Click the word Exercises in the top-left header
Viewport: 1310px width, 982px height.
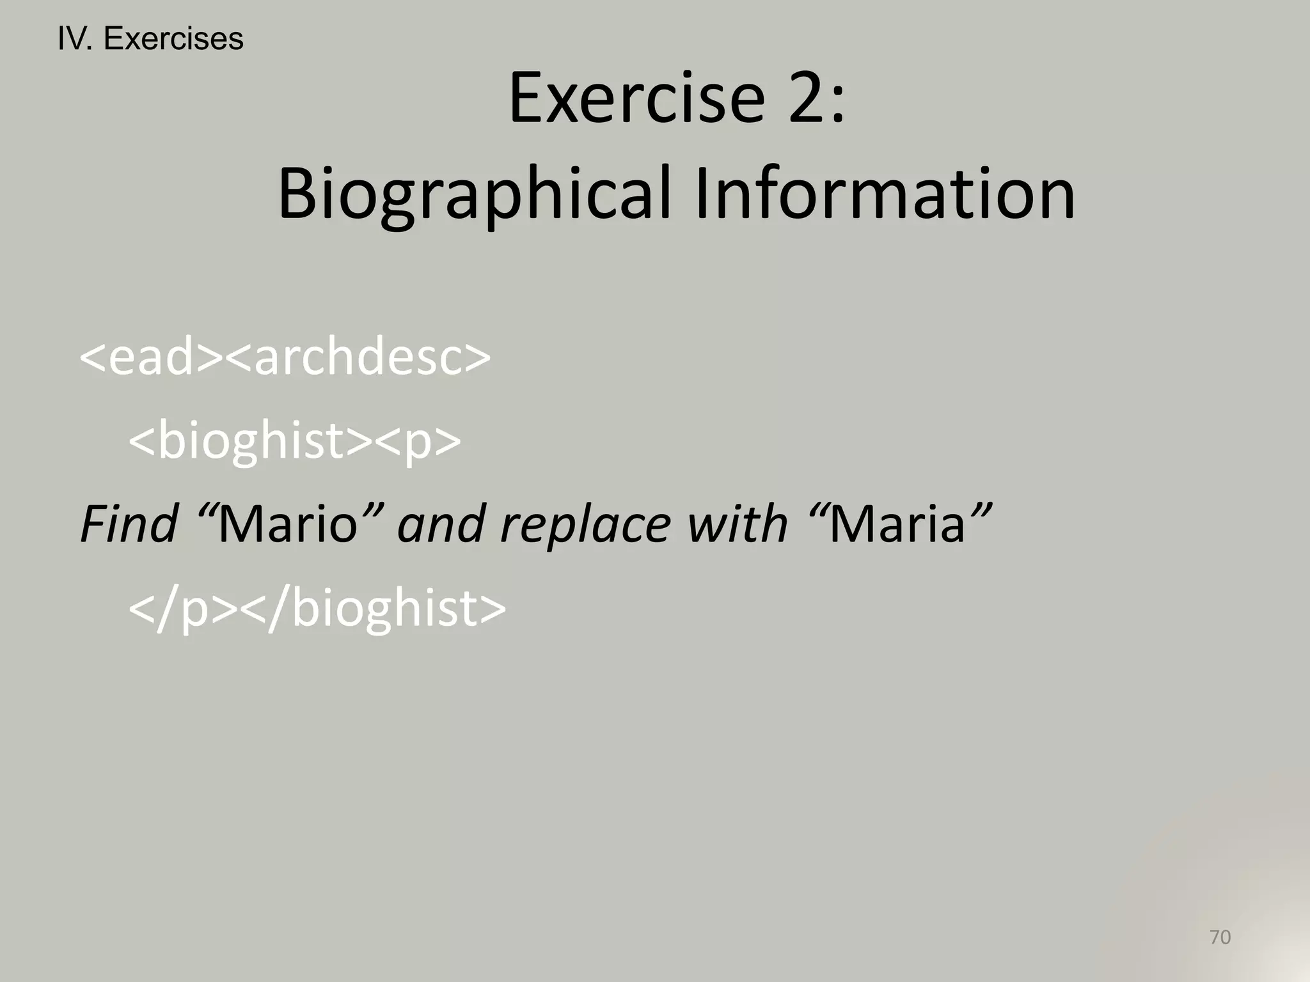point(173,39)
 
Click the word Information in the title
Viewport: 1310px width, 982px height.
point(885,192)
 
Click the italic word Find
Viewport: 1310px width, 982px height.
point(129,524)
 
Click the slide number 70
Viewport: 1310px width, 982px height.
point(1220,937)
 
